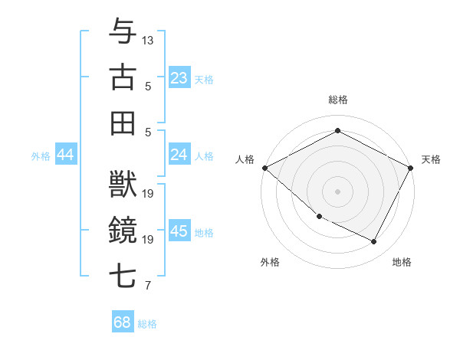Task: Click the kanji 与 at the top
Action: tap(123, 31)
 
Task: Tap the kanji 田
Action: tap(123, 123)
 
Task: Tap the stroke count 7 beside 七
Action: tap(148, 286)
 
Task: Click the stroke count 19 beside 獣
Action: tap(149, 193)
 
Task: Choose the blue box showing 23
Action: tap(179, 78)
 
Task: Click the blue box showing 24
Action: tap(179, 155)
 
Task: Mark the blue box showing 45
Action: tap(179, 232)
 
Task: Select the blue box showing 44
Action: tap(66, 155)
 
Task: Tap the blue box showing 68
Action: tap(123, 322)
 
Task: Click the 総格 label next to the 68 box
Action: tap(147, 324)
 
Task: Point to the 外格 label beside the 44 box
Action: tap(41, 156)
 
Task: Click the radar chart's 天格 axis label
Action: tap(431, 159)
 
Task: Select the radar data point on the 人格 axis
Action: tap(264, 168)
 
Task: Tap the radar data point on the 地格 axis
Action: tap(374, 242)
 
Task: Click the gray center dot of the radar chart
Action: tap(337, 191)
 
